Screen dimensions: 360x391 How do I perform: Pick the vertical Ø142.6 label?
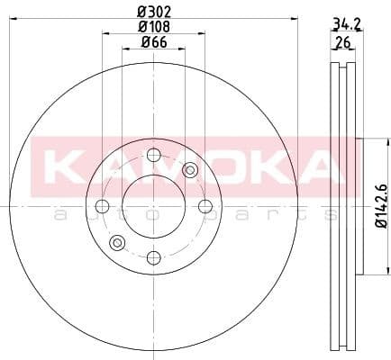381,207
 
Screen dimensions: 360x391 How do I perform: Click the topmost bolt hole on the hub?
153,155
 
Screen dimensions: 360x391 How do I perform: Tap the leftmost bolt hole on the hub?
101,207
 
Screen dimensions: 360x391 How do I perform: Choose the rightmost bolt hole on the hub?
205,207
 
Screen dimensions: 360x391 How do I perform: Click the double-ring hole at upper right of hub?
189,170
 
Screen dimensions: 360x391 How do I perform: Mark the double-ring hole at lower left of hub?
116,243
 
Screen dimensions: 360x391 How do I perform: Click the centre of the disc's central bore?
153,207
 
